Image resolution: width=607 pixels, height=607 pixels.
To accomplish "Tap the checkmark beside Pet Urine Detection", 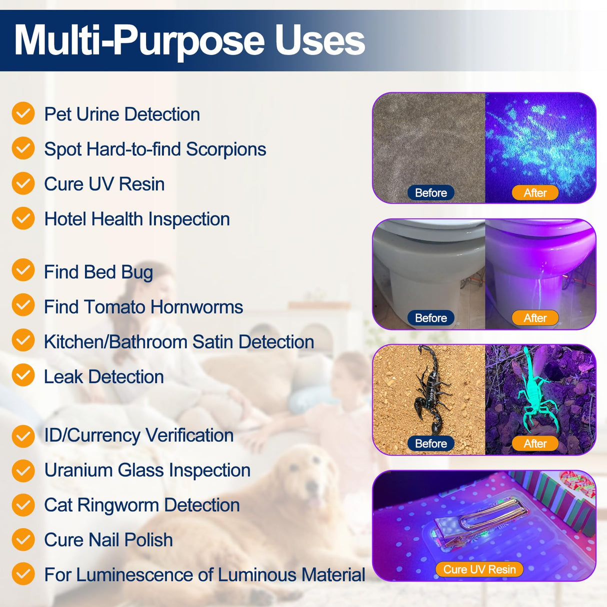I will pos(23,113).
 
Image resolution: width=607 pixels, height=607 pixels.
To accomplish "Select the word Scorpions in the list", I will pos(226,149).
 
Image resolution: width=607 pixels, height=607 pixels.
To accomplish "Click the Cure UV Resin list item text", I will pos(104,184).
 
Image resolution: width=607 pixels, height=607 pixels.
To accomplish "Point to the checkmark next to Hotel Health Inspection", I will pos(23,218).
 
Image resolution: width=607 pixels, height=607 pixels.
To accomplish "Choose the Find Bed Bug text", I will pos(98,272).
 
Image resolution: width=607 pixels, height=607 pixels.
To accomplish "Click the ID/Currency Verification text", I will pos(138,435).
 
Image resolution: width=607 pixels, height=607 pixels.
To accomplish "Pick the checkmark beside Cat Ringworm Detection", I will pos(23,505).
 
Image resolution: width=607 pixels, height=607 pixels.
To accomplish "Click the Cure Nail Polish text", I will pos(108,540).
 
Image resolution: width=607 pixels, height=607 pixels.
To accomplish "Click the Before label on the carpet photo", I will pos(430,192).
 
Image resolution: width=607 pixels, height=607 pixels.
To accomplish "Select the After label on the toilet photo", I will pos(534,318).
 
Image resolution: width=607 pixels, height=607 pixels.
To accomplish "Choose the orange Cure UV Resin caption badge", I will pos(479,569).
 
